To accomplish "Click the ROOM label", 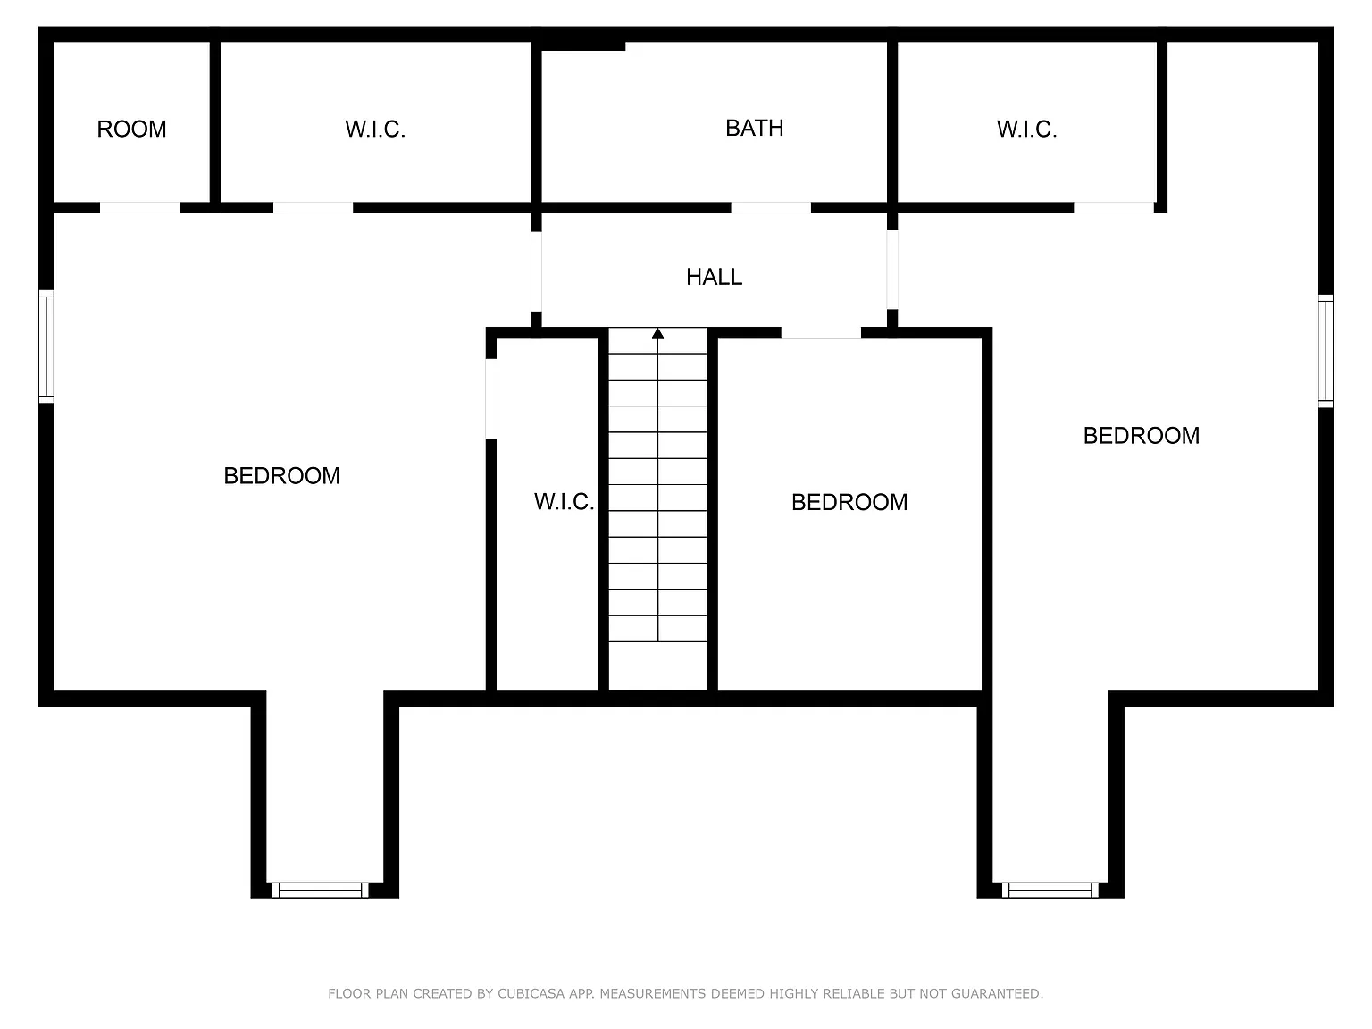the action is [x=131, y=130].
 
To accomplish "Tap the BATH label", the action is [x=755, y=128].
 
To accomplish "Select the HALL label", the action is [x=714, y=277].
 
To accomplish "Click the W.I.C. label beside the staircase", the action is [x=564, y=502].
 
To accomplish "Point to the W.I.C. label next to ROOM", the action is [x=375, y=130].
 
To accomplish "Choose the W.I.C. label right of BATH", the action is [x=1026, y=130].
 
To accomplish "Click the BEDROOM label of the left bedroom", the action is [x=282, y=476].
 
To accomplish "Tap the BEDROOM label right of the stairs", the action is [x=849, y=502].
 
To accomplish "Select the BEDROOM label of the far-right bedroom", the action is [x=1142, y=436].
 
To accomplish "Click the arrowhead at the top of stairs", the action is [x=657, y=334].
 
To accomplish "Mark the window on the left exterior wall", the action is [x=46, y=346].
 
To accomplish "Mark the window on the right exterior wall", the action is [x=1326, y=351].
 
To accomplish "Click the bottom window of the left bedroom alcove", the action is [x=320, y=890].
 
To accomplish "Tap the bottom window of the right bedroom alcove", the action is [x=1050, y=890].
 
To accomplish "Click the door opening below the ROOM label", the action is [x=140, y=208].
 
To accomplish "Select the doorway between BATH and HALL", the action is [x=771, y=208].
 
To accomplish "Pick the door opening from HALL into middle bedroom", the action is [x=822, y=332].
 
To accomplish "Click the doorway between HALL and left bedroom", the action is [x=536, y=272].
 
